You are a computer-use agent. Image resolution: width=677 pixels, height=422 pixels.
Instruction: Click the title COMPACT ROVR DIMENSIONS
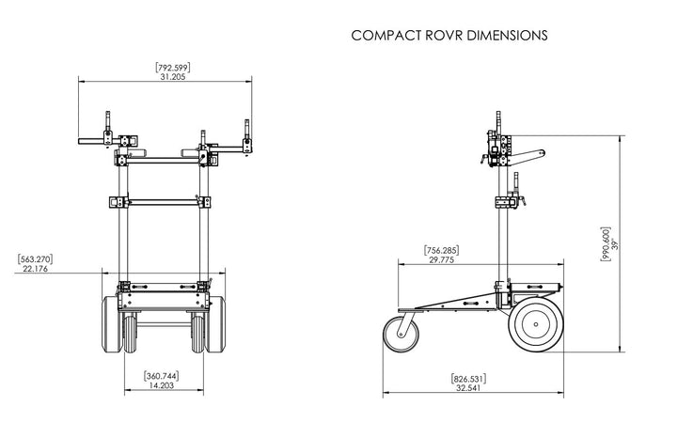(449, 36)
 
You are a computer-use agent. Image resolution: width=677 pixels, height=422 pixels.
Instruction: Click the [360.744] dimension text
(162, 376)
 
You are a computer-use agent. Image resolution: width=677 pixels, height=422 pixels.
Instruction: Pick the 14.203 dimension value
(162, 385)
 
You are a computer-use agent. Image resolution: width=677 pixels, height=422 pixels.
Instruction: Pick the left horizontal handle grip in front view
(94, 143)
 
